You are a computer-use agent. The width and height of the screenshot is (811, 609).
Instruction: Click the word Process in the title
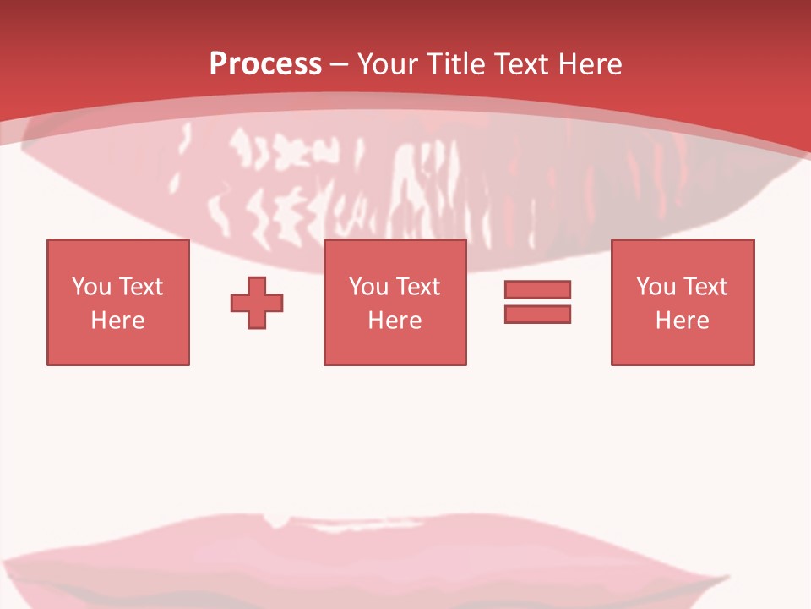(x=265, y=64)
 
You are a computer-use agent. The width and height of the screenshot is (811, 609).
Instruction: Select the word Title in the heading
(x=455, y=64)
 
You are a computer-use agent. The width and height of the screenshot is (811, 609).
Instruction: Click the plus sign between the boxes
(x=257, y=302)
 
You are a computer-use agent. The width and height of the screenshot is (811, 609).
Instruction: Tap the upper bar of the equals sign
(x=537, y=289)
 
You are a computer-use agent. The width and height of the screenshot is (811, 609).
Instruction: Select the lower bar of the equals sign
(x=537, y=314)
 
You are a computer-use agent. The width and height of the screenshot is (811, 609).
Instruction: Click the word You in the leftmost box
(x=91, y=287)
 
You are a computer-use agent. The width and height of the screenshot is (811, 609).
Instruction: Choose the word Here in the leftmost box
(x=117, y=321)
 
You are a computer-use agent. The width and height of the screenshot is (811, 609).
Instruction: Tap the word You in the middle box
(x=368, y=287)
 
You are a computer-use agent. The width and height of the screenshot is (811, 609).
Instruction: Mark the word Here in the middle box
(x=395, y=321)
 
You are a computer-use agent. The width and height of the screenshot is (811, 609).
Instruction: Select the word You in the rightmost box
(x=656, y=287)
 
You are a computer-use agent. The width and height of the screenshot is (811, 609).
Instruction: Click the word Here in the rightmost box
(x=682, y=321)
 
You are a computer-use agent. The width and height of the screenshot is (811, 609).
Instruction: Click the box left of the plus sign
(x=118, y=347)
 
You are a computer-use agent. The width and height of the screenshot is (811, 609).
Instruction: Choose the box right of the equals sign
(x=683, y=347)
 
